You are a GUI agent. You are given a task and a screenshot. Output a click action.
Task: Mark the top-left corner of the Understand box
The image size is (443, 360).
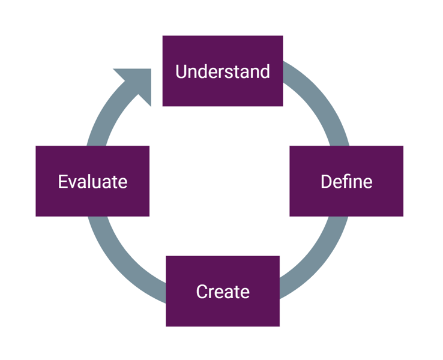[163, 37]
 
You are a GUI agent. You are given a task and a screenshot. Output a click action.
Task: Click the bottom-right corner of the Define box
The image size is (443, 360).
[402, 215]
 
